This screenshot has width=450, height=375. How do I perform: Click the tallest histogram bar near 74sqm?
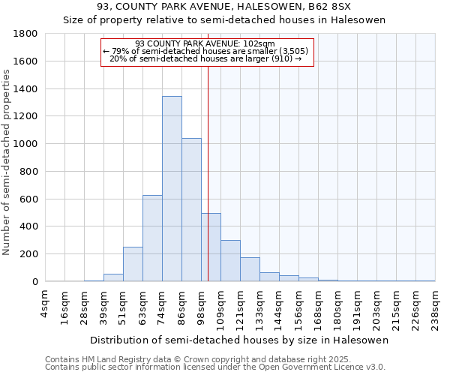(172, 189)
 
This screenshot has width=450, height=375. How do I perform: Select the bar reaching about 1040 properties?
(191, 210)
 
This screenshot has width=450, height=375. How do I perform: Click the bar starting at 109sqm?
(230, 261)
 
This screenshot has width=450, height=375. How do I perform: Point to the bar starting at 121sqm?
(250, 269)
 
